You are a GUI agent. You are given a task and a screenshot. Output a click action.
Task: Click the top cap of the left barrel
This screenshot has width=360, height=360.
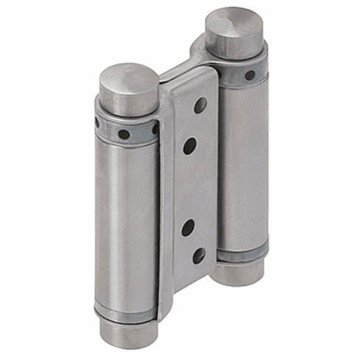tap(128, 87)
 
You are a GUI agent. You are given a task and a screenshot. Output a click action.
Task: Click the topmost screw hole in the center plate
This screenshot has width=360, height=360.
tap(200, 105)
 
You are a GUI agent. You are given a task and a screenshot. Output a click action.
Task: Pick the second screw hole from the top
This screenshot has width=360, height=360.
tap(190, 146)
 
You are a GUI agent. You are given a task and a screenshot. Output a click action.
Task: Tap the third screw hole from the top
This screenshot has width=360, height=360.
tap(188, 227)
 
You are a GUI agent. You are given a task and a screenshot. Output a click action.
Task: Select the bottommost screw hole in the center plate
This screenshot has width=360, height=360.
tap(199, 256)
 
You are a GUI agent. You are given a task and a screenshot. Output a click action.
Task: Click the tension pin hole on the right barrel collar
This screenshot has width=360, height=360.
tap(250, 75)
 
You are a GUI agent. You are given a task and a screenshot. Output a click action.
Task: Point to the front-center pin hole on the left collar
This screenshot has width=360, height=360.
tap(124, 134)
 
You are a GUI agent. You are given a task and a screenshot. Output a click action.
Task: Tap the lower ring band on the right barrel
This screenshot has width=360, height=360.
tap(241, 253)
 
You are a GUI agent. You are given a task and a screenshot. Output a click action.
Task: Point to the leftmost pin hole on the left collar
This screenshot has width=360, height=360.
tap(97, 122)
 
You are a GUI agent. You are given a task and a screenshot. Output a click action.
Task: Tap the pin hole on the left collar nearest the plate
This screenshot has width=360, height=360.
tap(155, 128)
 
